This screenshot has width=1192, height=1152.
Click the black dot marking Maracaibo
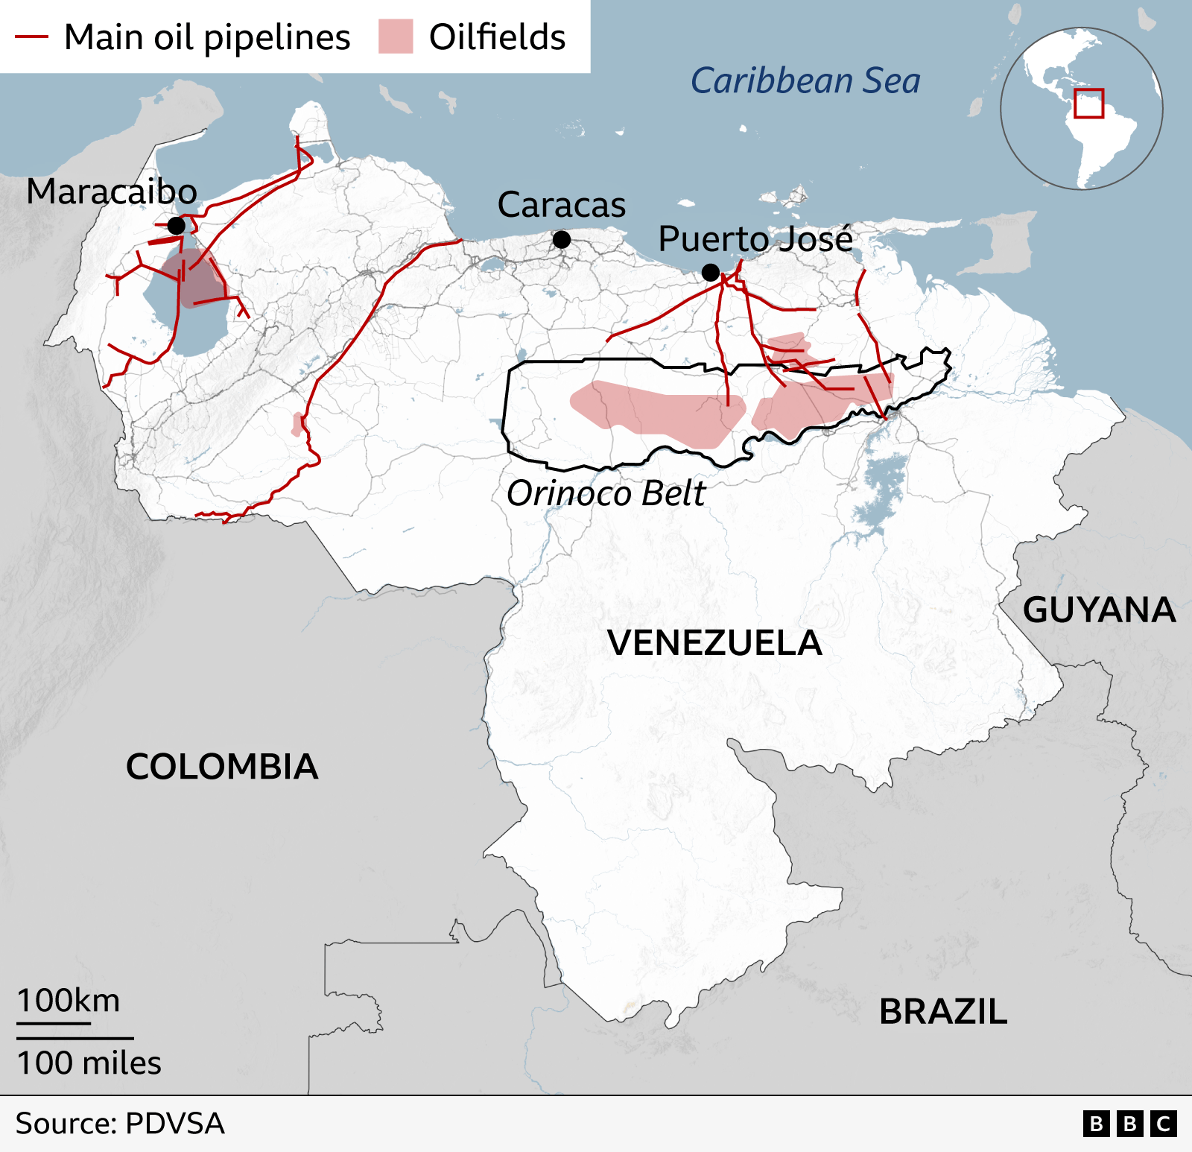[x=177, y=225]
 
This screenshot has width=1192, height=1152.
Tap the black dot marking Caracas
[x=562, y=239]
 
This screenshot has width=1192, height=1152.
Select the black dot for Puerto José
[x=711, y=273]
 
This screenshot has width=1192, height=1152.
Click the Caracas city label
[x=562, y=205]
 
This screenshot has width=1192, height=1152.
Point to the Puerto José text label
[x=755, y=239]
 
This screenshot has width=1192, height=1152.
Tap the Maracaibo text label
[x=112, y=192]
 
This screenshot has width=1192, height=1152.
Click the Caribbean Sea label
[x=805, y=80]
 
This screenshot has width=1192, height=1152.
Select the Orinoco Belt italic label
[x=606, y=493]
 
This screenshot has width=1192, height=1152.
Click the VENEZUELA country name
[x=714, y=643]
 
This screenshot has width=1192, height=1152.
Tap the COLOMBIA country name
[x=222, y=767]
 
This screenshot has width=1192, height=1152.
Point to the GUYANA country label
[x=1099, y=610]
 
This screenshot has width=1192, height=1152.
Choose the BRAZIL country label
[x=943, y=1012]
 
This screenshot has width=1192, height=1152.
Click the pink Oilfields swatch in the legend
[x=396, y=37]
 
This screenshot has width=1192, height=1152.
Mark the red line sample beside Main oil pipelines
[x=32, y=37]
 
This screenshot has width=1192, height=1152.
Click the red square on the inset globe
[x=1088, y=103]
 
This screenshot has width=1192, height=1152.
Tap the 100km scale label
[x=69, y=1001]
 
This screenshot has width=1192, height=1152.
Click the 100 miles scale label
[x=89, y=1063]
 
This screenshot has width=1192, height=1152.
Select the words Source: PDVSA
[x=120, y=1124]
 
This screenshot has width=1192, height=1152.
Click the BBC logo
[x=1129, y=1124]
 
